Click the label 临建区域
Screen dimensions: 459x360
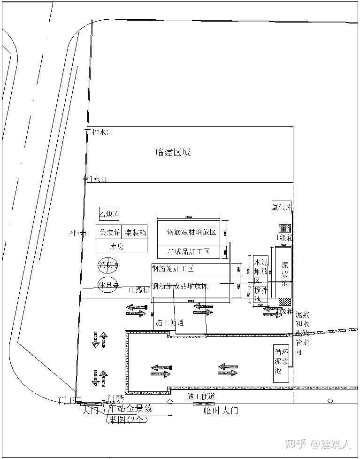[x=173, y=153]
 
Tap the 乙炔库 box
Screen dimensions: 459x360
[x=108, y=214]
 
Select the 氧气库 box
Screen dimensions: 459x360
[x=282, y=207]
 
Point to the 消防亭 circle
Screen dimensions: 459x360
[x=108, y=265]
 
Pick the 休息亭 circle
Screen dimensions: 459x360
[x=108, y=285]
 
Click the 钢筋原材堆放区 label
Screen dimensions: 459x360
[x=191, y=232]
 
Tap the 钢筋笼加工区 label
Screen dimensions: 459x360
[x=173, y=269]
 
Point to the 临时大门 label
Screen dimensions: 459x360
[x=221, y=411]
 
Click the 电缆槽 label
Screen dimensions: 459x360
[x=140, y=290]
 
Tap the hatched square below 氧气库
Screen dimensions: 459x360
[x=285, y=228]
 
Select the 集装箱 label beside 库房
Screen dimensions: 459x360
[x=135, y=233]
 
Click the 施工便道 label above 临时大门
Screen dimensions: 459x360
[x=201, y=397]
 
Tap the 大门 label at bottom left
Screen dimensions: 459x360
[x=91, y=411]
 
